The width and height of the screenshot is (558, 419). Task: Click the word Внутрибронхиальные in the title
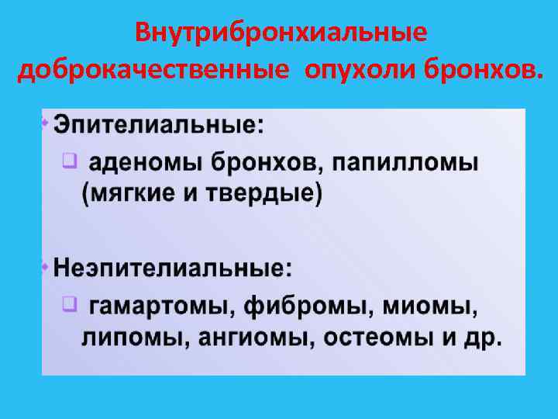click(280, 33)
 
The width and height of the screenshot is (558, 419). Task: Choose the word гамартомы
click(158, 307)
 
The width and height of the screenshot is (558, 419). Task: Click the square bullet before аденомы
click(69, 161)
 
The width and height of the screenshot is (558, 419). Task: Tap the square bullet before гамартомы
click(69, 305)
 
